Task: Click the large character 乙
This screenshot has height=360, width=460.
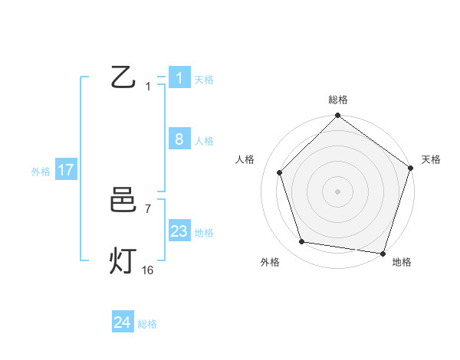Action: pyautogui.click(x=123, y=77)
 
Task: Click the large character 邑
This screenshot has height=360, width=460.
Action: pyautogui.click(x=123, y=201)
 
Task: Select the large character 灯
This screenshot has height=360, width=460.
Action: pyautogui.click(x=123, y=261)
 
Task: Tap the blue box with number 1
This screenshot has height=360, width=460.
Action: pyautogui.click(x=179, y=78)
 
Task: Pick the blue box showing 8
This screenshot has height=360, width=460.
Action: pyautogui.click(x=179, y=139)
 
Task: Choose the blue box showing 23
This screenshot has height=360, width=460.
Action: pyautogui.click(x=179, y=231)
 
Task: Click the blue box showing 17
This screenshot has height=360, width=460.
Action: pyautogui.click(x=66, y=170)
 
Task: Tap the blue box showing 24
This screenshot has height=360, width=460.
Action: pyautogui.click(x=123, y=323)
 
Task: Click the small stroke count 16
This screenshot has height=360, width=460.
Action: pyautogui.click(x=148, y=270)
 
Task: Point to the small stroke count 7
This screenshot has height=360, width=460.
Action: pyautogui.click(x=148, y=208)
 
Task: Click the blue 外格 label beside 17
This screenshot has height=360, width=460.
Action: pyautogui.click(x=41, y=172)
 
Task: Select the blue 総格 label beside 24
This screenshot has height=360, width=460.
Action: pyautogui.click(x=147, y=324)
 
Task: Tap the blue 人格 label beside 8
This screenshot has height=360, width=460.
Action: pyautogui.click(x=204, y=141)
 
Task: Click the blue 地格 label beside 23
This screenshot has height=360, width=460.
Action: pyautogui.click(x=204, y=233)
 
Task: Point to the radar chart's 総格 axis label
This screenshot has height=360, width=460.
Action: pyautogui.click(x=338, y=100)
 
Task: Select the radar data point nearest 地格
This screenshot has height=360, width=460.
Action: pyautogui.click(x=383, y=253)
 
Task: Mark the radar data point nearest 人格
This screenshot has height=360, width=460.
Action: pyautogui.click(x=280, y=172)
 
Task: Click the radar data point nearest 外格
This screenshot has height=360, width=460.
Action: pyautogui.click(x=302, y=242)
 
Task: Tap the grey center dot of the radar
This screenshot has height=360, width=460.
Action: pyautogui.click(x=338, y=191)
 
